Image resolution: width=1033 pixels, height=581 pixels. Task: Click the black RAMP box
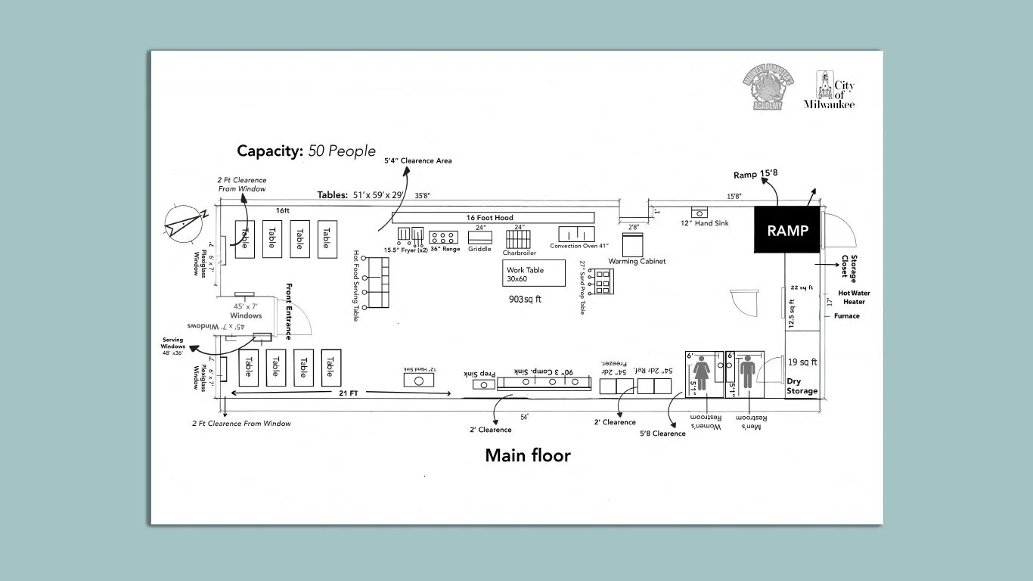coord(787,230)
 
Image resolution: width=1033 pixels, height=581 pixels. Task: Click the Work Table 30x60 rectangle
coord(534,273)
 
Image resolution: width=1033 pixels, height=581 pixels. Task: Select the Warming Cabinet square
coord(632,244)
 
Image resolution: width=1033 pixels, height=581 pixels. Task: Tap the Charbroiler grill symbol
coord(520,238)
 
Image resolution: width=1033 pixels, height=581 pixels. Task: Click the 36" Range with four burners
coord(444,235)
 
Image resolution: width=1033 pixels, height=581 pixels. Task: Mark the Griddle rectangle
coord(480,237)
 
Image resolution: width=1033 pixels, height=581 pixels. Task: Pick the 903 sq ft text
coord(525,300)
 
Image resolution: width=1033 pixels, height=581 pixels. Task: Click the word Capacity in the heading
coord(269,151)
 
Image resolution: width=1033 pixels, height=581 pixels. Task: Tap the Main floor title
coord(527,455)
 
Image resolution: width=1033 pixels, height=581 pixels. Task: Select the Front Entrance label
coord(289,311)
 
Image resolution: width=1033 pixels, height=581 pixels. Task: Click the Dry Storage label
coord(802,386)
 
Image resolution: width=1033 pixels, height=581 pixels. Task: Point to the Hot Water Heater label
coord(852,297)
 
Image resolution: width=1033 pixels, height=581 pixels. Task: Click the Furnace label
coord(847,316)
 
